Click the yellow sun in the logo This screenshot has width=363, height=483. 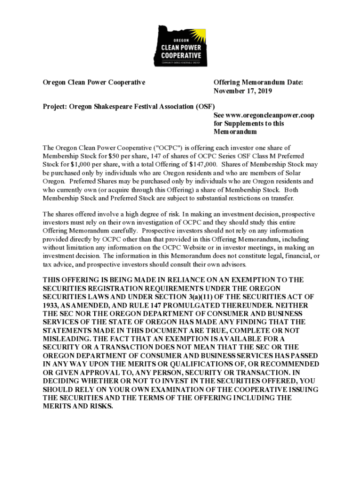coord(200,35)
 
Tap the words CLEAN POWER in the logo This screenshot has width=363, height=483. coord(181,48)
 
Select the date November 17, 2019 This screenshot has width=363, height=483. coord(243,91)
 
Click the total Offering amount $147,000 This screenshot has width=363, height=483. coord(202,164)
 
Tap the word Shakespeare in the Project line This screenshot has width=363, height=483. coord(115,107)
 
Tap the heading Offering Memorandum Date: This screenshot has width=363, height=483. coord(258,83)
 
